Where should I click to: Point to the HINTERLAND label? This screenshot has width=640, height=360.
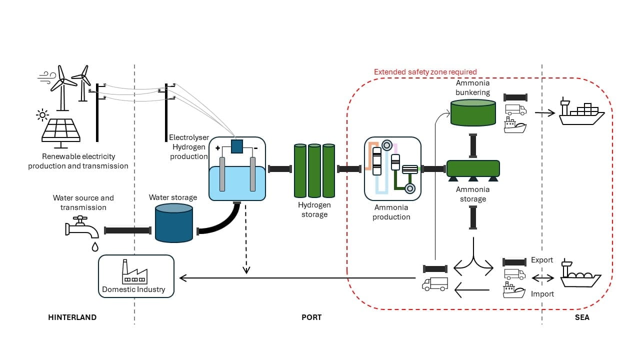(x=72, y=317)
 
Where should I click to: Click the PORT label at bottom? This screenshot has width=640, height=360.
(x=311, y=317)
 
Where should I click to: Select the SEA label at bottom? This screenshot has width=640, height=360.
(x=582, y=317)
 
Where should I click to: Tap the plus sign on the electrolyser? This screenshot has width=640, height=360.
(x=217, y=148)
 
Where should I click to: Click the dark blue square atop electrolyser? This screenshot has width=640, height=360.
(x=237, y=146)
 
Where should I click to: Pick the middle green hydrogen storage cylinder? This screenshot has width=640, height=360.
(x=314, y=170)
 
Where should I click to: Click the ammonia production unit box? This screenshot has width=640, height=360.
(x=392, y=168)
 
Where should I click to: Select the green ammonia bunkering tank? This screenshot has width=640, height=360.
(x=473, y=112)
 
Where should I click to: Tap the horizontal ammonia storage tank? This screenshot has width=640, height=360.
(x=473, y=168)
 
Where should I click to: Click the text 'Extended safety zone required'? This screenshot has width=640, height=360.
(x=425, y=72)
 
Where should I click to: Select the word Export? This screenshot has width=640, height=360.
(x=542, y=260)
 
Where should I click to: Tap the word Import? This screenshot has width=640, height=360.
(x=542, y=294)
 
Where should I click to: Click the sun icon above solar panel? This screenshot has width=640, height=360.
(x=42, y=115)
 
